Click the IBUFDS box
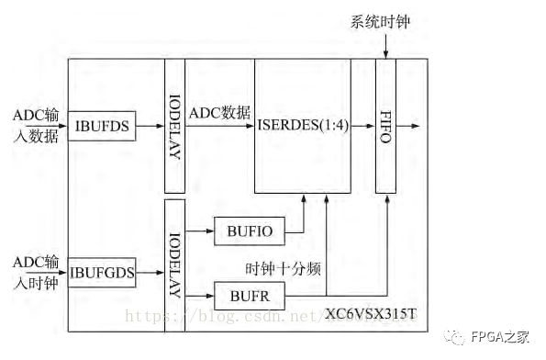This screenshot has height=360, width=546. click(103, 127)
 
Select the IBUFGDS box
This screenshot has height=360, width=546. click(103, 273)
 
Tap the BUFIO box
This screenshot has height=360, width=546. click(249, 230)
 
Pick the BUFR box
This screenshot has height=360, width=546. click(249, 295)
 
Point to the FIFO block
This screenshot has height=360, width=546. click(385, 126)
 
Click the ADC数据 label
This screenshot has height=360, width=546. click(218, 113)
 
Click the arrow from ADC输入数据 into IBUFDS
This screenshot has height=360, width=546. click(63, 127)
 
